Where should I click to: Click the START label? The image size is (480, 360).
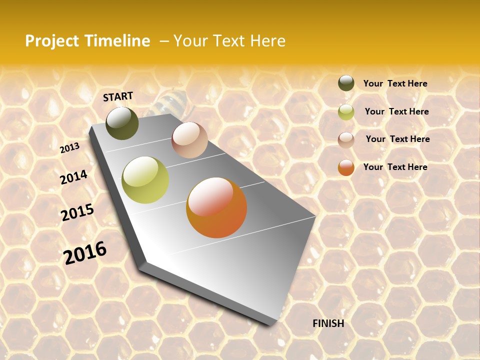(x=118, y=96)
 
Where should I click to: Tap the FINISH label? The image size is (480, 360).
(x=328, y=323)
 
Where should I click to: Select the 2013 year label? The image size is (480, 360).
(x=69, y=148)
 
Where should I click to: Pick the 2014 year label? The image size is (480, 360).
(x=73, y=177)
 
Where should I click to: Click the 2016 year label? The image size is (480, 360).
(x=85, y=253)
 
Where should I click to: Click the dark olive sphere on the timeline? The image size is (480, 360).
(x=122, y=123)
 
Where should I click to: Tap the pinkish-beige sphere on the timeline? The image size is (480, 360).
(x=189, y=140)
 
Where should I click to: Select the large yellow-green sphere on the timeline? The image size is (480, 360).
(x=145, y=180)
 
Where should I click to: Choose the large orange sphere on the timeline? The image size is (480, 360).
(x=216, y=207)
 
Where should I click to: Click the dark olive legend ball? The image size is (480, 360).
(x=346, y=83)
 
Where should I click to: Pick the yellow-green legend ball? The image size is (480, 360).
(x=346, y=112)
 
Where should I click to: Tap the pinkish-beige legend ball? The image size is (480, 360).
(x=346, y=140)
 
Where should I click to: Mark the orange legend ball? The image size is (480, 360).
(x=346, y=167)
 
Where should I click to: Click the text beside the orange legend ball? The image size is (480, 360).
(x=395, y=167)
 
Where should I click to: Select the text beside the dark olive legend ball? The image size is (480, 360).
(x=395, y=83)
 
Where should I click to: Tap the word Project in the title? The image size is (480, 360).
(x=52, y=41)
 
